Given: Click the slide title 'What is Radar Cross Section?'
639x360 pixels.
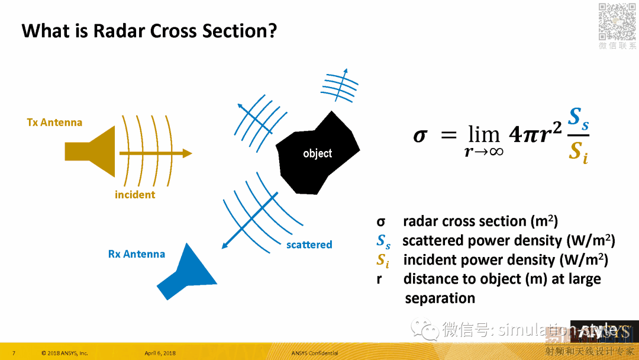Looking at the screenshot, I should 149,30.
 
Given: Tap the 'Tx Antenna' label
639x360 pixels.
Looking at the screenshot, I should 54,123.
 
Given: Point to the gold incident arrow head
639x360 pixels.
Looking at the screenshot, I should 187,153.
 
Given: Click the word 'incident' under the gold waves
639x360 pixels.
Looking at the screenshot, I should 135,195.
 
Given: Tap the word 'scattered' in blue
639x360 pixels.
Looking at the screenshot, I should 309,245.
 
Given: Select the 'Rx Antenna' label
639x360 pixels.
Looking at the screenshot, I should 136,254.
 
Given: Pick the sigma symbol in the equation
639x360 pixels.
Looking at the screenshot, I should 419,135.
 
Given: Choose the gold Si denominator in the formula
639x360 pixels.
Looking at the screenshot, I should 577,153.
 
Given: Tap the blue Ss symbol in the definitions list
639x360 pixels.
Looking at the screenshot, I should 383,241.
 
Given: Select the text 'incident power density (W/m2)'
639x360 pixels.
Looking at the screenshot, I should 506,260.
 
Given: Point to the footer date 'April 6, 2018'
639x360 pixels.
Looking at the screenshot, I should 160,353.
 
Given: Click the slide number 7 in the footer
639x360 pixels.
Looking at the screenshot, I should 14,353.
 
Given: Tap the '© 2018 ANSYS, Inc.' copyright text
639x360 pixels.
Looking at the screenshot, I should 64,353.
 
